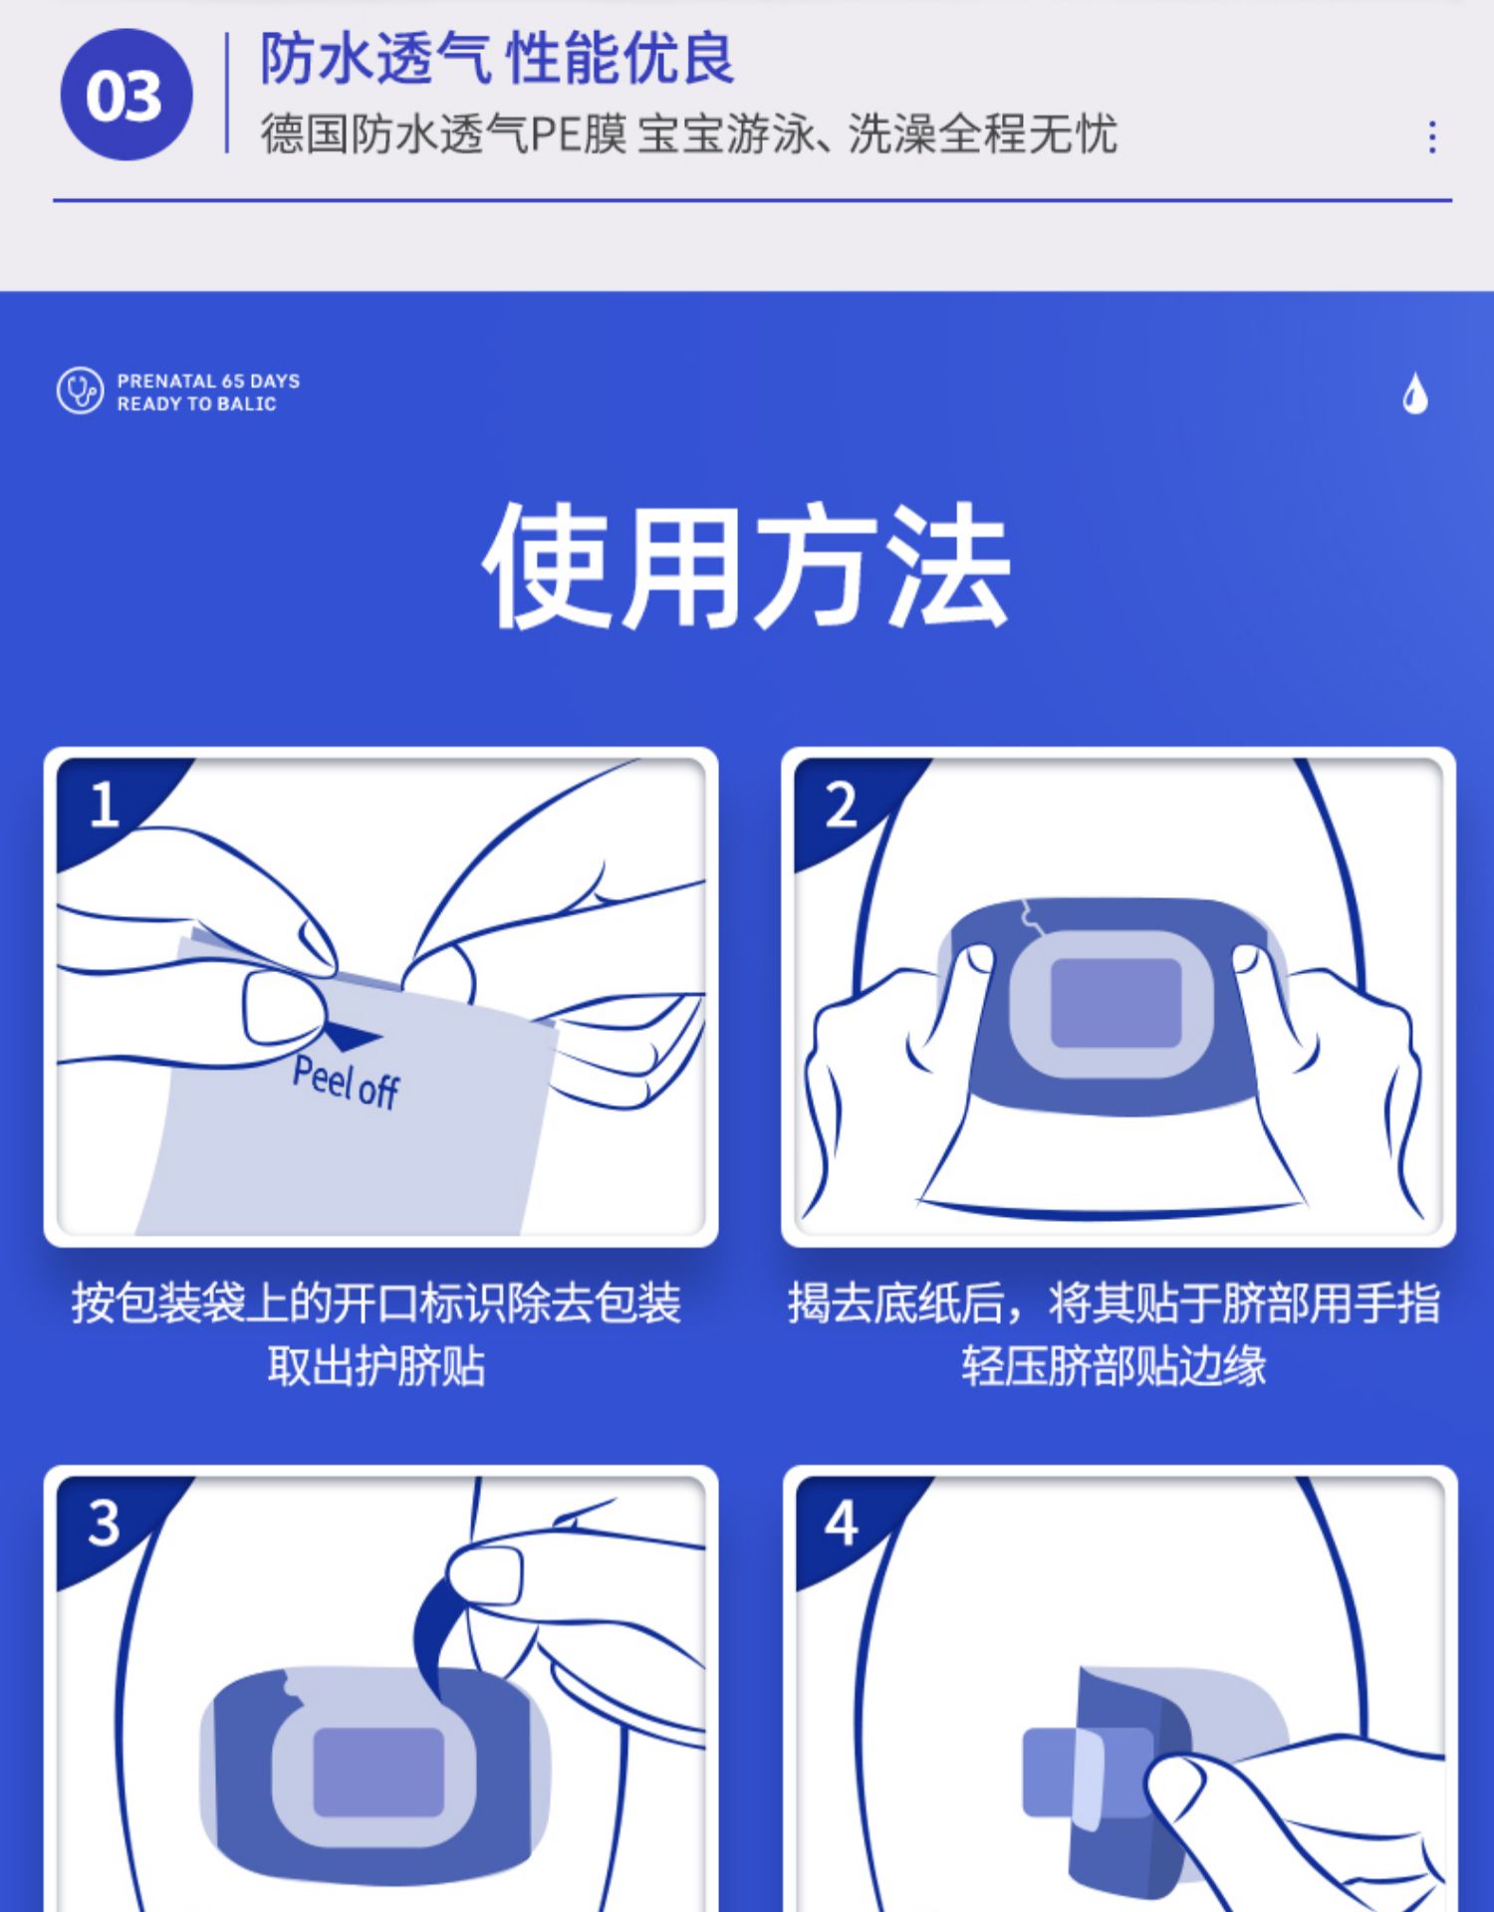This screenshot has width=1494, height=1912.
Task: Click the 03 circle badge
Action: click(125, 95)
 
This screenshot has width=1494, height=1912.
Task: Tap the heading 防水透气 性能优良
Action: click(497, 59)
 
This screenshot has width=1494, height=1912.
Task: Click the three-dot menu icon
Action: click(1432, 136)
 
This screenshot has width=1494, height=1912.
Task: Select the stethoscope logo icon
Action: click(80, 390)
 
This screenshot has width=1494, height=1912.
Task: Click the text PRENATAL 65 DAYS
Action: click(208, 380)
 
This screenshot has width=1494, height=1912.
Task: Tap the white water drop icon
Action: click(1415, 393)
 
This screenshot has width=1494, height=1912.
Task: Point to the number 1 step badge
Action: click(104, 805)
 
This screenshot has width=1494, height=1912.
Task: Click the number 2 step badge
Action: click(842, 805)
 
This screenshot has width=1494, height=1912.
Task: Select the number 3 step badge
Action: click(104, 1523)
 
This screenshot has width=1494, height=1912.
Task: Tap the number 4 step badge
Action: click(842, 1523)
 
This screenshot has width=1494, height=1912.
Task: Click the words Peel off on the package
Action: click(346, 1082)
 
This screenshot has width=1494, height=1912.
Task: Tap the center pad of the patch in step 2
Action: click(1116, 1003)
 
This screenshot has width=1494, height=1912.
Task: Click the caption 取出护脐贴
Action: click(376, 1365)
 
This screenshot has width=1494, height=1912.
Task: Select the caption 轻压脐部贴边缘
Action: click(1114, 1365)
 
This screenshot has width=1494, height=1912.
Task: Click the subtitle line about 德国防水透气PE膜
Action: click(688, 133)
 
